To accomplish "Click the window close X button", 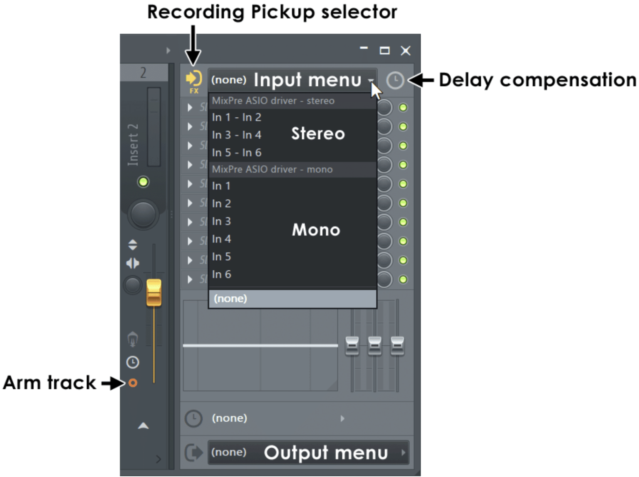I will (x=405, y=51).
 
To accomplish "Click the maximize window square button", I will (x=384, y=51).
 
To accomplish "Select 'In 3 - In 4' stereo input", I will (x=236, y=135).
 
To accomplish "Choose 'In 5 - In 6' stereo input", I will (x=236, y=153).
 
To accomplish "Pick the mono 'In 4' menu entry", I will (x=221, y=239).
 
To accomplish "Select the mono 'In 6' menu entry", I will (x=221, y=274).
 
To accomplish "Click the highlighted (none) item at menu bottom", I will (x=292, y=299).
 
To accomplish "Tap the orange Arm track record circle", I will (x=133, y=383).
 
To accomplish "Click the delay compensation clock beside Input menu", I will (x=395, y=80).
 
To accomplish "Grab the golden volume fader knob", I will (x=154, y=293).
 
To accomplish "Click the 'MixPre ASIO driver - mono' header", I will (x=272, y=169).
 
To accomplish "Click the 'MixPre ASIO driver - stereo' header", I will (x=273, y=101).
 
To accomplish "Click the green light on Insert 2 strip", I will (x=143, y=182).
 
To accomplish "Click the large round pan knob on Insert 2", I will (x=143, y=215).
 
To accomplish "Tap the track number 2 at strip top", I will (x=143, y=73).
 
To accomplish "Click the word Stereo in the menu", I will (x=318, y=133).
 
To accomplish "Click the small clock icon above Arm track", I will (x=133, y=362).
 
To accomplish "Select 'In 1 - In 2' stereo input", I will (x=236, y=117).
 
